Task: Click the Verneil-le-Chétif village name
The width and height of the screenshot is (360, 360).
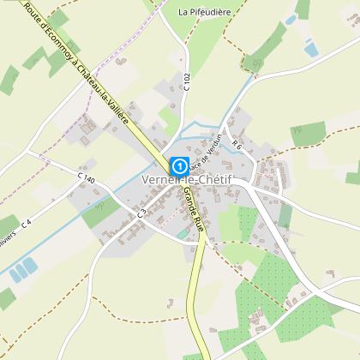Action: click(x=189, y=182)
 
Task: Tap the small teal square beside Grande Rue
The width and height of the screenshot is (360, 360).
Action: click(x=180, y=233)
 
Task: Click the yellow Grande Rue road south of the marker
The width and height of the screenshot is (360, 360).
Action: click(x=201, y=283)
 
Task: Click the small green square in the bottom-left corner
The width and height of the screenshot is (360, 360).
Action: click(x=7, y=299)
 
